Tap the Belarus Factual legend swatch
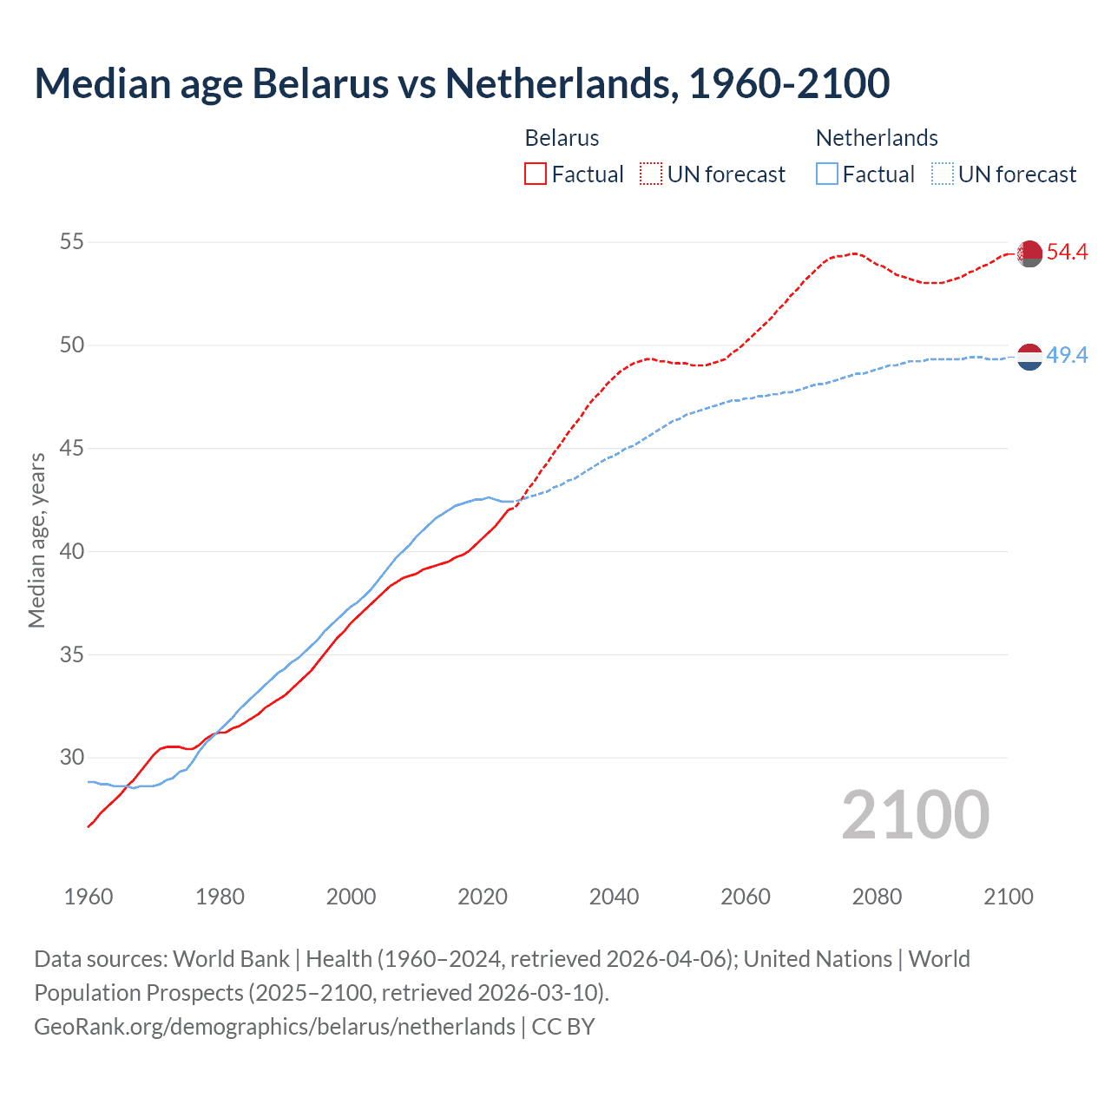(536, 174)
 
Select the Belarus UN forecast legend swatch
(651, 174)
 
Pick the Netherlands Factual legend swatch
(827, 174)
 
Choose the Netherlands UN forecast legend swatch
(943, 174)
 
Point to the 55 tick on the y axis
(72, 242)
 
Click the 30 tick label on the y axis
(72, 758)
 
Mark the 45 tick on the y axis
(72, 449)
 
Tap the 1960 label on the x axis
(89, 897)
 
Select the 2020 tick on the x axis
(483, 897)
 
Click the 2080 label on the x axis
(877, 897)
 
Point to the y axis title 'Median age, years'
(36, 540)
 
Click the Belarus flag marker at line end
(1029, 253)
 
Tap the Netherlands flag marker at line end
(1029, 357)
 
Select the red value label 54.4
(1067, 253)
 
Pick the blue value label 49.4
(1067, 356)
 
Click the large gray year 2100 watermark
(915, 815)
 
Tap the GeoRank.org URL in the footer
(274, 1027)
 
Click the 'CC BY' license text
(563, 1027)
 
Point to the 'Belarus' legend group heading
(562, 138)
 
